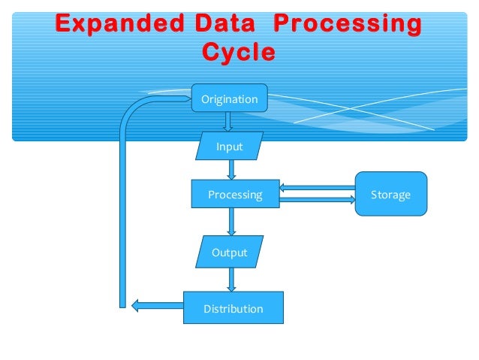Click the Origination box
(x=229, y=99)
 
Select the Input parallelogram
(x=229, y=147)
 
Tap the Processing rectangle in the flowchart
(x=235, y=195)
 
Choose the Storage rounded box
(x=390, y=195)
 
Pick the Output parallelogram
(x=229, y=253)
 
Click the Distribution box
(x=233, y=308)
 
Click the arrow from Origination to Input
(x=228, y=122)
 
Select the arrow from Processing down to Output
(x=231, y=222)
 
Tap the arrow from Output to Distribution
(x=231, y=280)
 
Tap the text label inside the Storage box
(x=390, y=195)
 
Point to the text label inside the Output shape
(x=229, y=253)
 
